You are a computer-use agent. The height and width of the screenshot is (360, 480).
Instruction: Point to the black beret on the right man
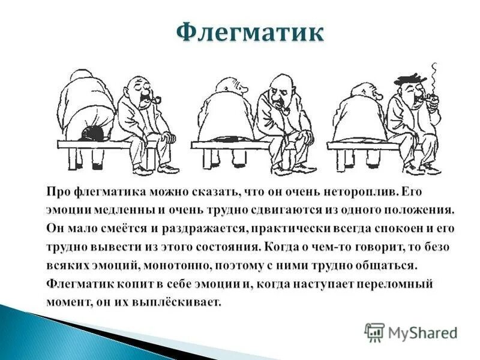pos(410,79)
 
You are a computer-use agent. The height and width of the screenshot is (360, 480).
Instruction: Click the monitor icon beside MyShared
pos(374,332)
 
